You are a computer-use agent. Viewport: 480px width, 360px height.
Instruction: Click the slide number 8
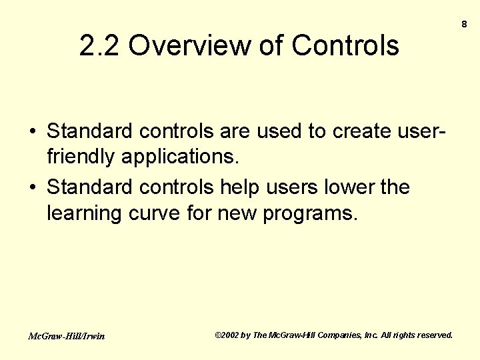(464, 24)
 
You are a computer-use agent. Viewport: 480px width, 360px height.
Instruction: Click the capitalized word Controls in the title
(345, 46)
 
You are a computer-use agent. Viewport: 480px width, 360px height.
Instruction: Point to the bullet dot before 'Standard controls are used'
(32, 131)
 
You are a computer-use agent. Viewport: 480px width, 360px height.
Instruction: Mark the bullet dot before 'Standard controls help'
(32, 188)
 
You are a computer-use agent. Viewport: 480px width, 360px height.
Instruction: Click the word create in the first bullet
(365, 131)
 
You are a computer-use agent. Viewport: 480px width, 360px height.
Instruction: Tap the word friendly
(81, 157)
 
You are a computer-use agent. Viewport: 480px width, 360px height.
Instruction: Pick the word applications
(179, 157)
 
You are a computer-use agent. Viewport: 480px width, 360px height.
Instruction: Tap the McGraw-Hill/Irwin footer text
(66, 336)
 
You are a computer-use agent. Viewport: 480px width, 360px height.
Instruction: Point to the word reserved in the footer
(433, 335)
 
